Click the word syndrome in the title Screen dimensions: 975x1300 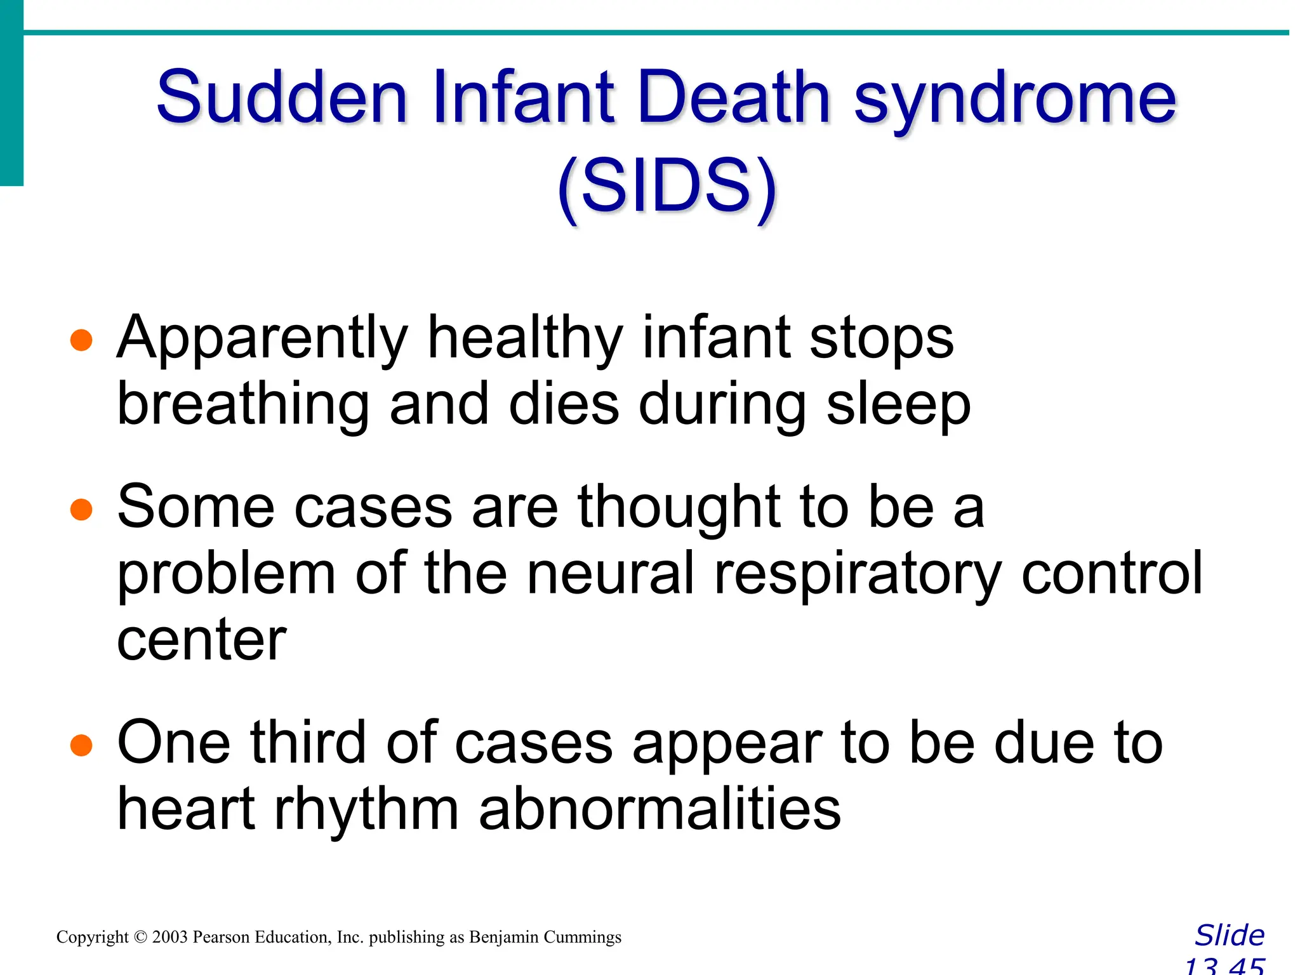1015,102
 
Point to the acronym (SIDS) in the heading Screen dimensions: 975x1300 667,187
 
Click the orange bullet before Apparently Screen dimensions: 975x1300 81,340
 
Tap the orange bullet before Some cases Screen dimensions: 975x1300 81,509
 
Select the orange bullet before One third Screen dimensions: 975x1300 81,745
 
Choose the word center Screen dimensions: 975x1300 202,641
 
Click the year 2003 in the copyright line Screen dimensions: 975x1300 169,938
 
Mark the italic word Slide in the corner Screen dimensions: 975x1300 1230,936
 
